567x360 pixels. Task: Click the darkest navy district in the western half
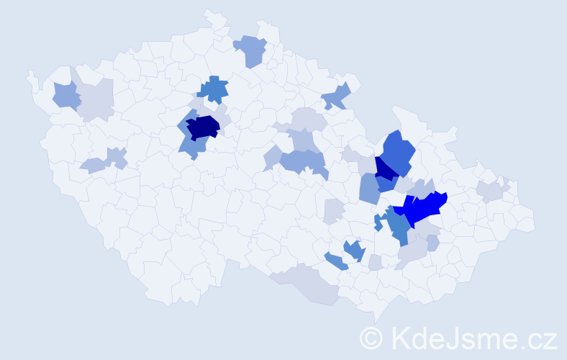click(x=203, y=127)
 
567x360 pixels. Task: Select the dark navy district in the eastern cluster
click(x=385, y=169)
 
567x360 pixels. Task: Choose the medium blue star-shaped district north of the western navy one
click(x=214, y=89)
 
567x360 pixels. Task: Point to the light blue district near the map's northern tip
click(x=251, y=50)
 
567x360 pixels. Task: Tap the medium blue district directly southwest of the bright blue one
click(x=397, y=226)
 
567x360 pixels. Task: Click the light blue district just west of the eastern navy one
click(x=368, y=189)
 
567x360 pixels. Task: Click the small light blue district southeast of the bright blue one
click(x=432, y=243)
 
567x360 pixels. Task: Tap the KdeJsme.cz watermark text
click(x=473, y=338)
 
